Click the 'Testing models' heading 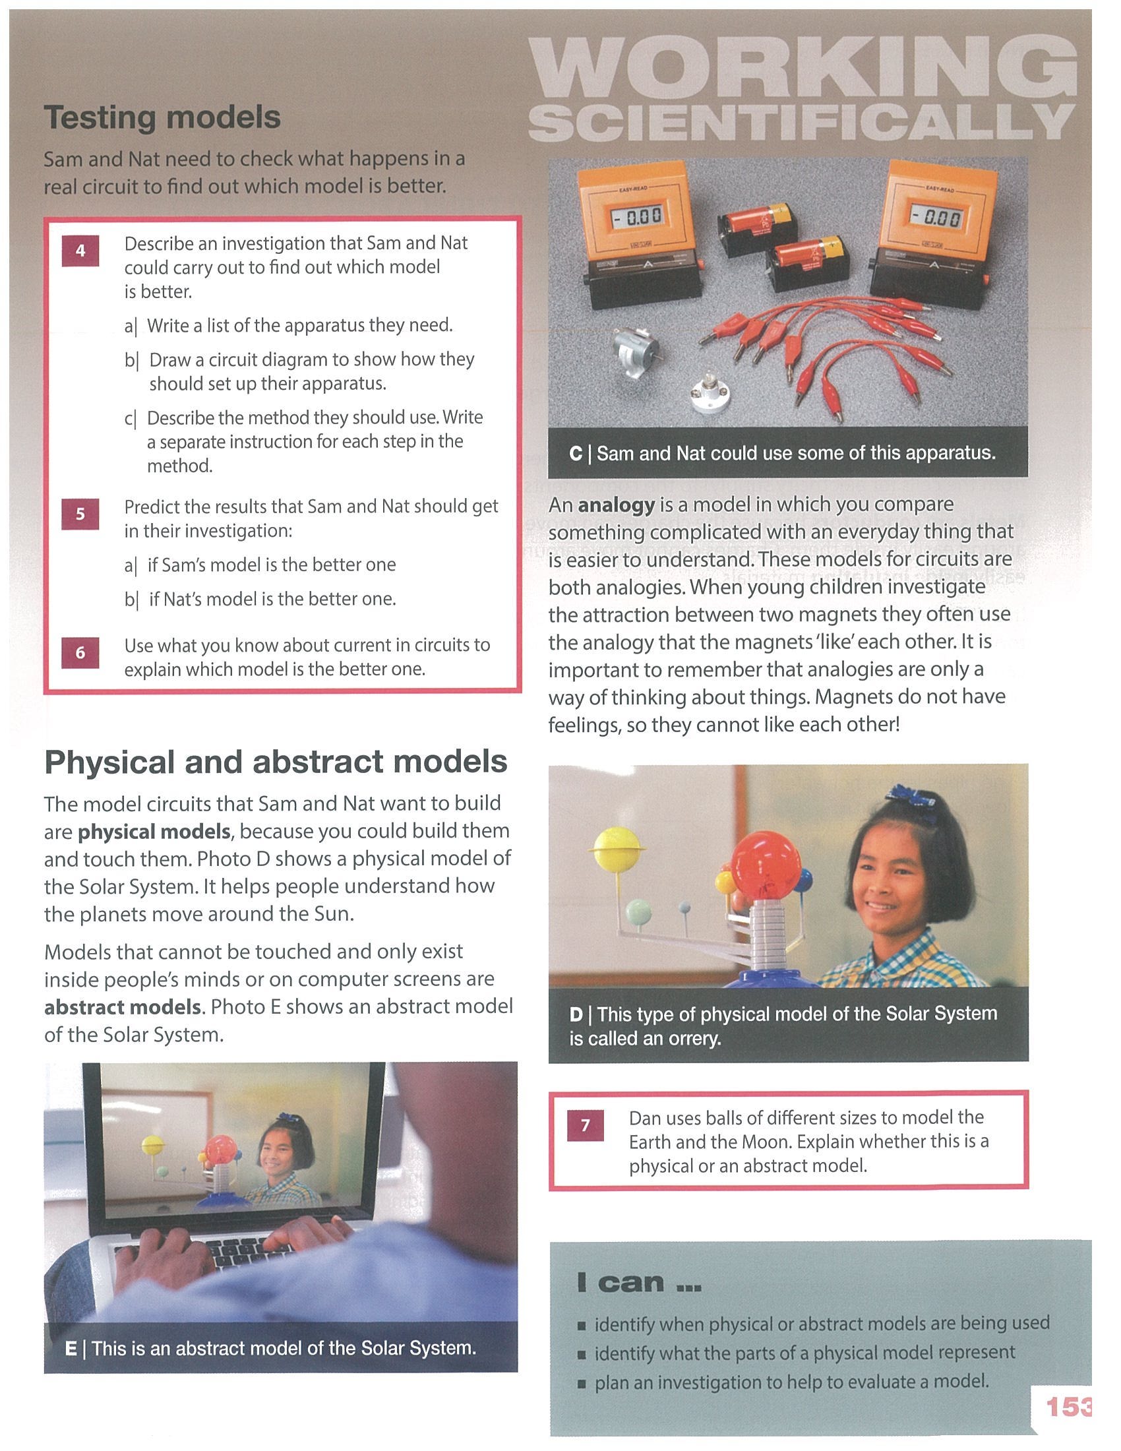[162, 117]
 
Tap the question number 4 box [80, 251]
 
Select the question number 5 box [80, 514]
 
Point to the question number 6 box [80, 653]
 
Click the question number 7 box [586, 1125]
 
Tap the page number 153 [1068, 1407]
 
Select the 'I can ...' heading [639, 1282]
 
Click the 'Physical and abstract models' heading [276, 762]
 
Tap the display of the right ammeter [936, 217]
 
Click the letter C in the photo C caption [576, 454]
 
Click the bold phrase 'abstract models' [122, 1007]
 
